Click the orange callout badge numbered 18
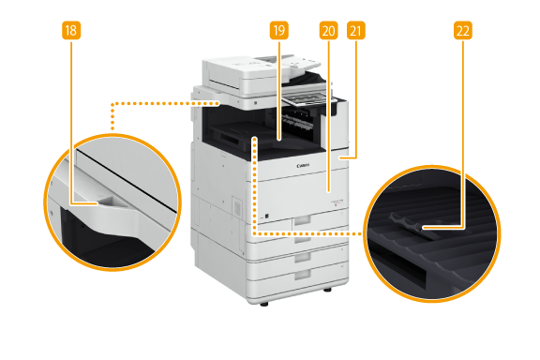71,31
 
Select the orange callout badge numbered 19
279,31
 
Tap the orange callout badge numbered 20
328,31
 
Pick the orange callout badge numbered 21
355,31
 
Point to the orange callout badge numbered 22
463,31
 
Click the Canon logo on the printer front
303,166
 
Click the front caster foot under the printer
264,304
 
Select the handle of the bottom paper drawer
303,275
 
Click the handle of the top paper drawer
301,221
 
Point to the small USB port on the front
267,216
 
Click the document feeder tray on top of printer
296,65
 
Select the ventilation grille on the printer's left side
237,207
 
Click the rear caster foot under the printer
327,290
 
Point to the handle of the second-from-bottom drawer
303,257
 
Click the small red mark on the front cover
336,204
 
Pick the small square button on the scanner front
256,103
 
